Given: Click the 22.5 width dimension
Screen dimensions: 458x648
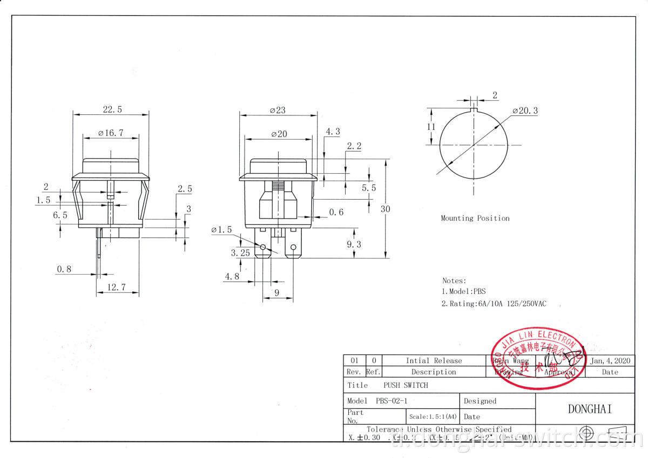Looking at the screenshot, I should (x=112, y=110).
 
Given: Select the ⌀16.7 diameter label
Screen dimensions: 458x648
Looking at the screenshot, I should (x=111, y=133).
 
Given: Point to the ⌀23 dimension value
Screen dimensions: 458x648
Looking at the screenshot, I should (x=278, y=110).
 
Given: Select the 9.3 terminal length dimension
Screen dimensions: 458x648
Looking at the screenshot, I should (x=354, y=244).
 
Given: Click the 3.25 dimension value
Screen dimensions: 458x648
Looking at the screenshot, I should (x=240, y=253).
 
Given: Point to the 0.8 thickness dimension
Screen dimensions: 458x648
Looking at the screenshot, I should (x=64, y=269).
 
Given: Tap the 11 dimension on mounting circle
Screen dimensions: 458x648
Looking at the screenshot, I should (x=431, y=127).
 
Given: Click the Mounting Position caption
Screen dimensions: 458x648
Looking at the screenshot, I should (x=475, y=218).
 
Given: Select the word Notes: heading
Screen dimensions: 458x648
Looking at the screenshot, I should (x=454, y=281).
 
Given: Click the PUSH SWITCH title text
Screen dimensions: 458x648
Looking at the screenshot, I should (x=406, y=386).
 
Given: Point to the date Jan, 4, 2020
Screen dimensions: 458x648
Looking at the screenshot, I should (x=612, y=361).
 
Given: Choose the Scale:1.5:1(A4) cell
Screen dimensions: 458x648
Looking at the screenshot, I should (x=433, y=417).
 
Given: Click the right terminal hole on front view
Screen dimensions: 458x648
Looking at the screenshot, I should (x=293, y=248).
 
